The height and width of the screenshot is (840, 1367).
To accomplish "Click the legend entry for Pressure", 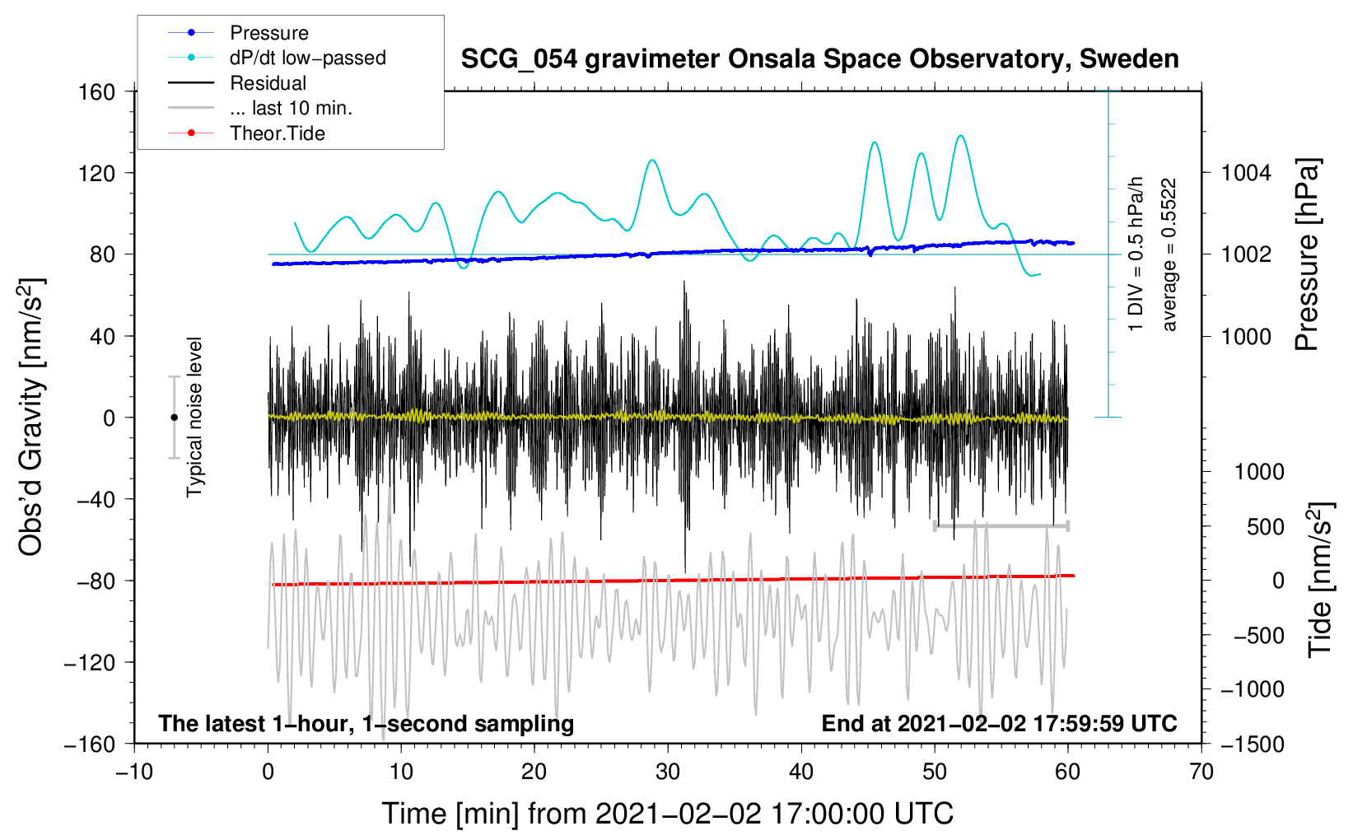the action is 238,32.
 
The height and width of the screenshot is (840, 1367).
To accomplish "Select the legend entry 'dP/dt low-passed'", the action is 277,58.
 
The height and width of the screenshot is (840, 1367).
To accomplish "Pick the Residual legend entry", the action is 237,83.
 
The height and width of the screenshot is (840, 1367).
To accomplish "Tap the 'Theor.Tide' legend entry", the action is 246,133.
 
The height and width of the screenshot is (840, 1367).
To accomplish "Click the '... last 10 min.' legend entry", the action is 260,108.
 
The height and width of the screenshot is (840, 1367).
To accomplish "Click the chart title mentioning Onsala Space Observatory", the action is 819,59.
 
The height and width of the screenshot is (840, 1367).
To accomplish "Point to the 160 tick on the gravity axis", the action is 97,92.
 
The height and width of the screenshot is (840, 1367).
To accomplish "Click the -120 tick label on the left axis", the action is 90,662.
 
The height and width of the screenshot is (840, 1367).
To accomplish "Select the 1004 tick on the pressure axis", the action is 1246,173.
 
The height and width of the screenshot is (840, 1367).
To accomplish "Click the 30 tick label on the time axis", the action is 668,772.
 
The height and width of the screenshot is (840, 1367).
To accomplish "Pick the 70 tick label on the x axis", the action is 1201,772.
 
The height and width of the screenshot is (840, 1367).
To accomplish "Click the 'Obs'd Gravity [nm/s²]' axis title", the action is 30,417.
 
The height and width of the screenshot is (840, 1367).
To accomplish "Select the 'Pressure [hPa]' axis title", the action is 1307,254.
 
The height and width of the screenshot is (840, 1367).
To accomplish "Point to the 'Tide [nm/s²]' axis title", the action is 1320,580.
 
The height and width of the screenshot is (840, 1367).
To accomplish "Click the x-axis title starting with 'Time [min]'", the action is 668,814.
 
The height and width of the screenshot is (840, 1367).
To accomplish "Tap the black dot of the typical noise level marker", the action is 174,418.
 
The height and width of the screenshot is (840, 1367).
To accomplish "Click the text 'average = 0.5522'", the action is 1168,254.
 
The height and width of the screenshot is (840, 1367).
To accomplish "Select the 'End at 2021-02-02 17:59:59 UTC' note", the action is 999,723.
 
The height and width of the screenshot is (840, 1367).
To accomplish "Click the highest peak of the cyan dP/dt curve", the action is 961,136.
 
